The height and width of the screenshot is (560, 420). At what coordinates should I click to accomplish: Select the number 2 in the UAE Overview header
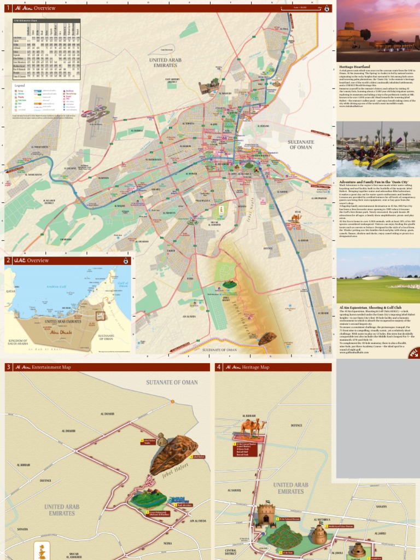click(x=8, y=260)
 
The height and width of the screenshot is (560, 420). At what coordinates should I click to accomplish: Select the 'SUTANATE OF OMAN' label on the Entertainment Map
click(x=171, y=382)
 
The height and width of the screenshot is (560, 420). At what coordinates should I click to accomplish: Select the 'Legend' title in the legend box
click(x=20, y=86)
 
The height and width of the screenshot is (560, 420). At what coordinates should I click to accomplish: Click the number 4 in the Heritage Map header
click(x=219, y=367)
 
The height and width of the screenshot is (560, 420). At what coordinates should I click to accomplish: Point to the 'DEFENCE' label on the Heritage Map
click(x=296, y=425)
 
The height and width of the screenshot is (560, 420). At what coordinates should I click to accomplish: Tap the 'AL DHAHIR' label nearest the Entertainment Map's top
click(x=107, y=414)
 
